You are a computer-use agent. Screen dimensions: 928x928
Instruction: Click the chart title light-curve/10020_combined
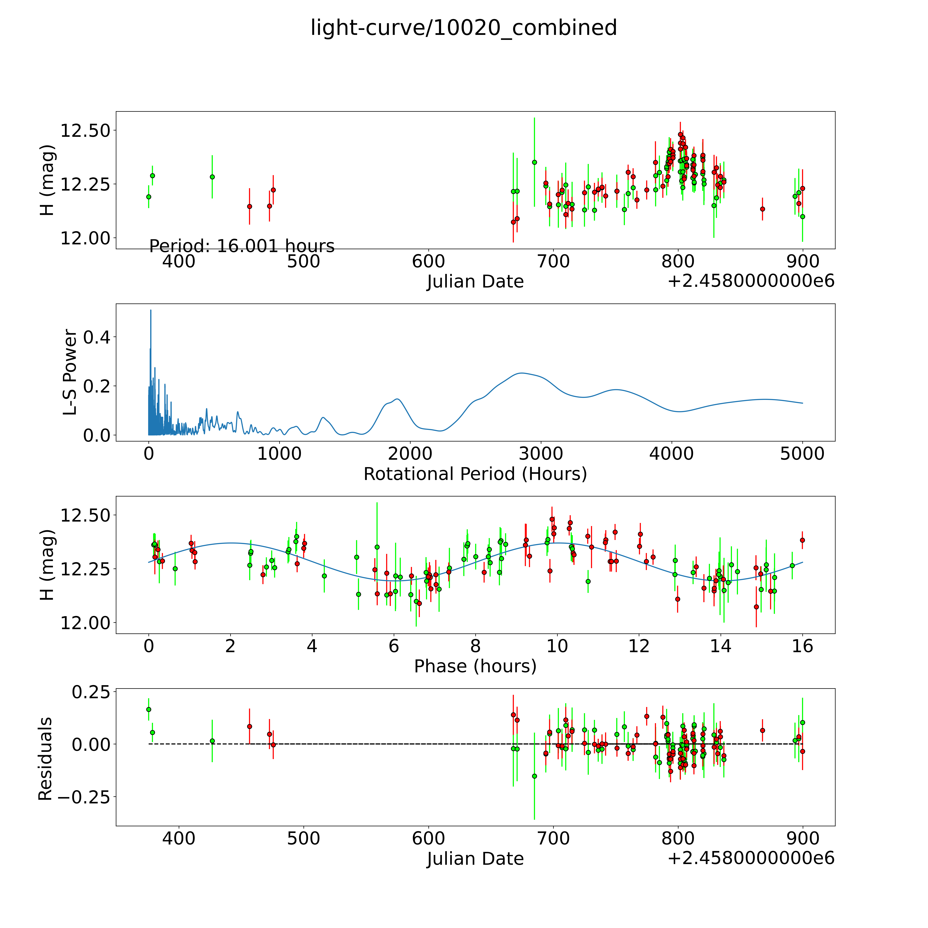(x=463, y=28)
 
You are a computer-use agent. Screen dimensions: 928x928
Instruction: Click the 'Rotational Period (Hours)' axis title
(x=475, y=474)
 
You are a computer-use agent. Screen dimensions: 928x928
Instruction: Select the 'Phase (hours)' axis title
(x=475, y=666)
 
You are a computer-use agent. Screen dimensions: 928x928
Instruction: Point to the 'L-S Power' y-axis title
(x=70, y=372)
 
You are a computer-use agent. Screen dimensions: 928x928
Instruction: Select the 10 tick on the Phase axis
(x=557, y=646)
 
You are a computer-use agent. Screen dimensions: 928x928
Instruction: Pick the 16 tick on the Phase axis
(x=802, y=646)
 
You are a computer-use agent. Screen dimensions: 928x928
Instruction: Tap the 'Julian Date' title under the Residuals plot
(x=475, y=859)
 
